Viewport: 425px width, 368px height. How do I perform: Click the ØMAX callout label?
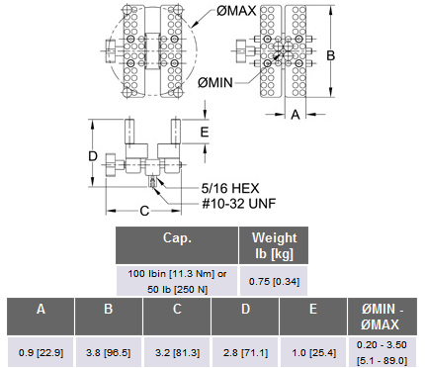[236, 11]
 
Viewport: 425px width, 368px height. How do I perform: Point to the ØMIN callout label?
[215, 82]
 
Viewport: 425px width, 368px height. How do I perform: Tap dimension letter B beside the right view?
[330, 55]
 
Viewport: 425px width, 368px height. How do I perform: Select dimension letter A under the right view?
[296, 115]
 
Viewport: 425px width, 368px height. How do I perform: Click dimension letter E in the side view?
[205, 132]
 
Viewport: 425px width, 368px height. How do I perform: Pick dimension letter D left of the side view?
[93, 156]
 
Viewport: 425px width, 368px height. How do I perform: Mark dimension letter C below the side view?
[144, 211]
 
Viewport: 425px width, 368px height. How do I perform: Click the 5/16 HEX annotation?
[230, 188]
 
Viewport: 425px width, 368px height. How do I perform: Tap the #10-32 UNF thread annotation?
[239, 204]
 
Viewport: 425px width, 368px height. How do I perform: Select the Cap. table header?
[177, 245]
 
